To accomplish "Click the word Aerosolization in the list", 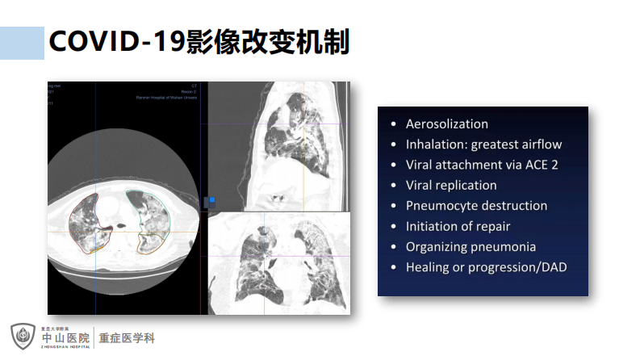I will [446, 124].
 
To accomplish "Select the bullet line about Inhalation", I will [483, 144].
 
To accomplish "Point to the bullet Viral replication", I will [451, 185].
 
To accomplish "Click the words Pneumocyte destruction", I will [476, 206].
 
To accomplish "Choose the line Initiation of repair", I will [458, 226].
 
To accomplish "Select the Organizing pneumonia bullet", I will [471, 246].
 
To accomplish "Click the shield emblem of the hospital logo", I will [23, 337].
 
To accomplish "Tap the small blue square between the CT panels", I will [212, 199].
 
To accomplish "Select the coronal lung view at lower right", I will [278, 262].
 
